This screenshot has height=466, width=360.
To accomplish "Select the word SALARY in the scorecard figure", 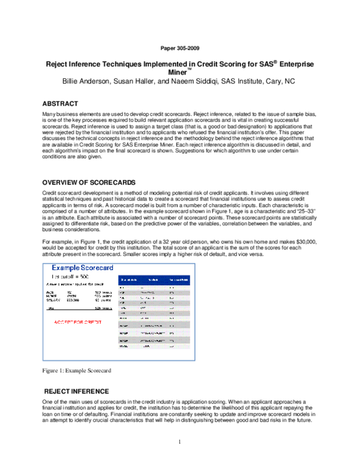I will (x=53, y=300).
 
